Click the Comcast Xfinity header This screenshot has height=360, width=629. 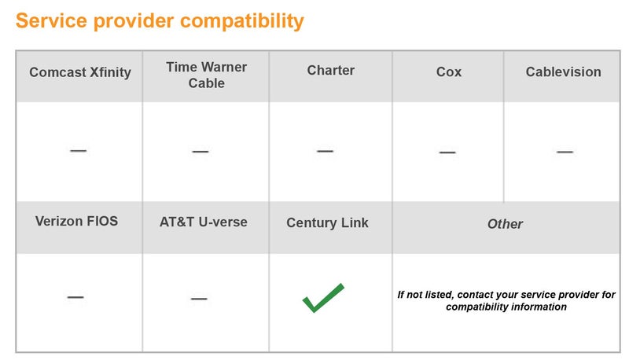tap(79, 72)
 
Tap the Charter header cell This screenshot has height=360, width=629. tap(330, 70)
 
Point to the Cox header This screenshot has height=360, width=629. tap(448, 72)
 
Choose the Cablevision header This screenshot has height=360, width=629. tap(563, 72)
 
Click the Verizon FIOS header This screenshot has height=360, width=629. tap(76, 221)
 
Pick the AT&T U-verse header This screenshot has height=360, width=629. tap(203, 222)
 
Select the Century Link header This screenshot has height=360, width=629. tap(327, 222)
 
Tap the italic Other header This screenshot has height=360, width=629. tap(505, 224)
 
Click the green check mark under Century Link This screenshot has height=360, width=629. tap(323, 297)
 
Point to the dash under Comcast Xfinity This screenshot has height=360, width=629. tap(78, 150)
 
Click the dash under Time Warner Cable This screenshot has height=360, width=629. tap(200, 151)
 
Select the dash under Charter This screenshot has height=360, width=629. tap(325, 150)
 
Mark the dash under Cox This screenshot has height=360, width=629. tap(447, 152)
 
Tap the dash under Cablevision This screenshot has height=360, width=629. tap(565, 151)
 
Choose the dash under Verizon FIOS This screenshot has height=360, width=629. tap(75, 297)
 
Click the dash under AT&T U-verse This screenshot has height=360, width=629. tap(199, 299)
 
